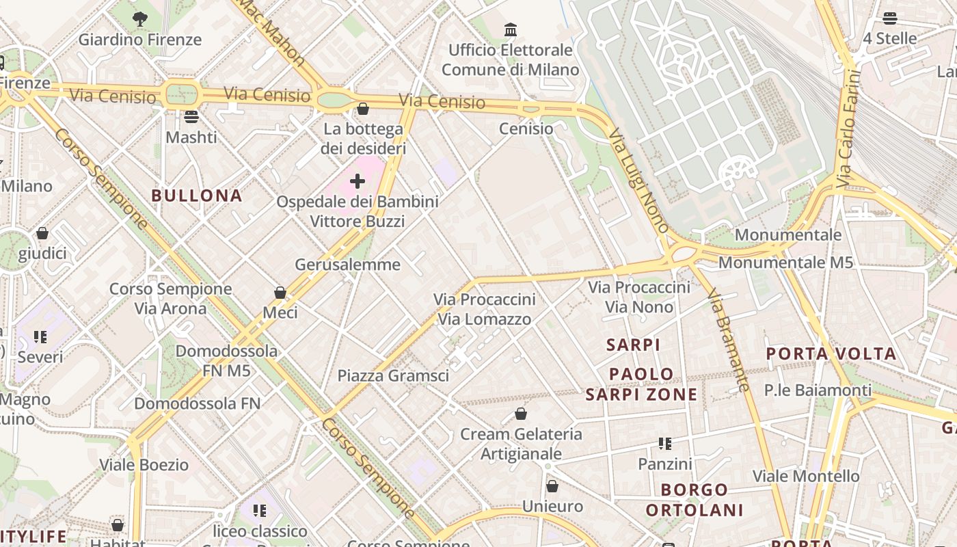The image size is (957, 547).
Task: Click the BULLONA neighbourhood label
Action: (x=197, y=196)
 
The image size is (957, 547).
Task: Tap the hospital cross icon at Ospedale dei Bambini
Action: (x=357, y=181)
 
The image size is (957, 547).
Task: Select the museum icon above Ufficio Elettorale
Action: (x=510, y=29)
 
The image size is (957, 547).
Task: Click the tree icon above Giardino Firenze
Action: (x=140, y=19)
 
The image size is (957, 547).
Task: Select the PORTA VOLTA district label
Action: (x=831, y=353)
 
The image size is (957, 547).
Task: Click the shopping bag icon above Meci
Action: (x=280, y=293)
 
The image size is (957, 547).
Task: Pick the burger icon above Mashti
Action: (x=191, y=116)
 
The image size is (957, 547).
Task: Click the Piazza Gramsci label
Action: (x=393, y=375)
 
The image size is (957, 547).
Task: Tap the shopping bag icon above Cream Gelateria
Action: (x=521, y=414)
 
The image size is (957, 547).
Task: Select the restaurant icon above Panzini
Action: (x=664, y=444)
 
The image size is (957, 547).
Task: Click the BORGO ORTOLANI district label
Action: (x=695, y=500)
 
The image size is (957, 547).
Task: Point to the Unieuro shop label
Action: (x=552, y=507)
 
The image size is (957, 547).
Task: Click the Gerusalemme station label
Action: (x=347, y=265)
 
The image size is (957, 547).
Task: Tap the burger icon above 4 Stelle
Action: (x=889, y=18)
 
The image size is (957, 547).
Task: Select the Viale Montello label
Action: (x=806, y=476)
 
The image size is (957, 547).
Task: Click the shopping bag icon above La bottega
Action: (x=363, y=109)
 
